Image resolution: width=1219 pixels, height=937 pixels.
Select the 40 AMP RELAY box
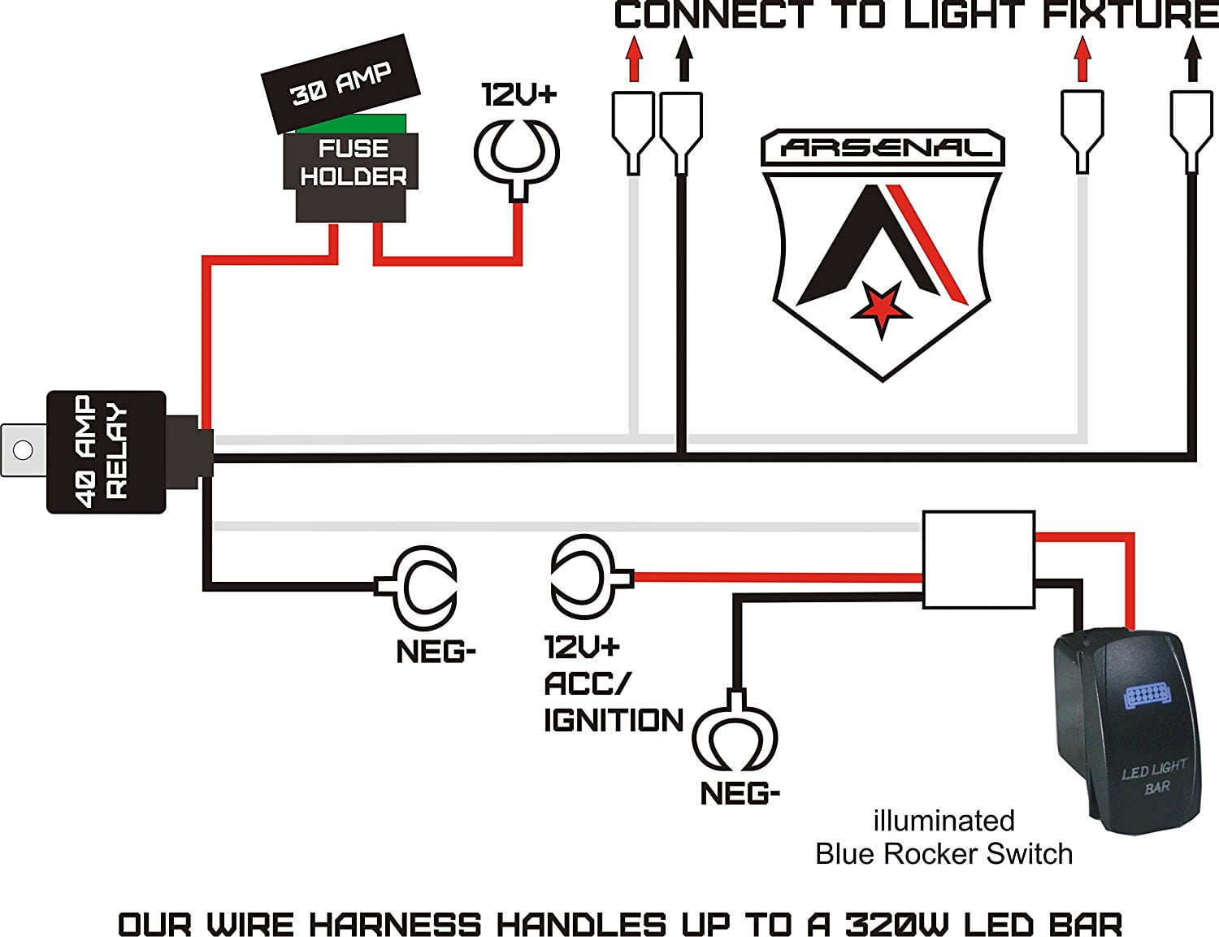pos(106,452)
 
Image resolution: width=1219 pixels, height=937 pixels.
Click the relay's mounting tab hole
pos(24,449)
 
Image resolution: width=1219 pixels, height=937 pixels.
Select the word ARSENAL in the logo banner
pos(884,148)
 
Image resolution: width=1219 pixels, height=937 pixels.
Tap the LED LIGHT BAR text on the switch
pos(1155,777)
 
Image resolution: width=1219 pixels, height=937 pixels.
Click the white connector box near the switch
pos(978,559)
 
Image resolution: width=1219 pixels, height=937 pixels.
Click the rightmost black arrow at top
pos(1192,62)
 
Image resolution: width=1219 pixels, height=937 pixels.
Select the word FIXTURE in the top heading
pos(1131,15)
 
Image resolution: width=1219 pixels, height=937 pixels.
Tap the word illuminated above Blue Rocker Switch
pos(944,821)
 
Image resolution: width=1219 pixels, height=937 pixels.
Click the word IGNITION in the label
pos(614,721)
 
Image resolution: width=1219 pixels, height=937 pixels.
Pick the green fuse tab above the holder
pos(351,124)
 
